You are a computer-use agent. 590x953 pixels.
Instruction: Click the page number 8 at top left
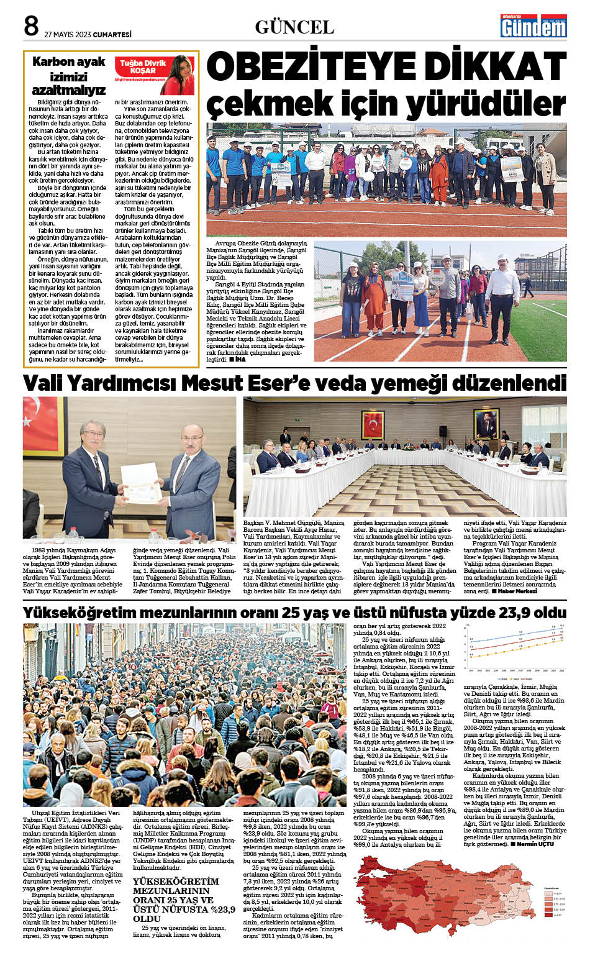pos(31,26)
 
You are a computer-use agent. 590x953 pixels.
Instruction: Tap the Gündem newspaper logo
pos(533,26)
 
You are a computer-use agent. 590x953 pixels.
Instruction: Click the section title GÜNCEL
pos(294,27)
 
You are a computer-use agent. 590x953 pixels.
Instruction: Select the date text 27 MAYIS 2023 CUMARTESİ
pos(88,35)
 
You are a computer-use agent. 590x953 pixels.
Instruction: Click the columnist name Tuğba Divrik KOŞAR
pos(143,67)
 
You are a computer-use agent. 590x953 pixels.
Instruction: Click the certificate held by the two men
pos(142,483)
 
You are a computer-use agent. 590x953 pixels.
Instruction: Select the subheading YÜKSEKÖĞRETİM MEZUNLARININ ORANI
pos(176,895)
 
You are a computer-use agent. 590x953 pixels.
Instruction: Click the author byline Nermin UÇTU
pos(535,844)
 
